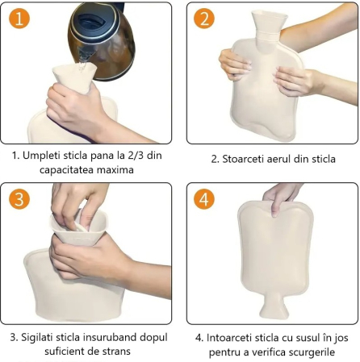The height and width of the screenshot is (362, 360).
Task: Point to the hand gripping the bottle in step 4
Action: (283, 194)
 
